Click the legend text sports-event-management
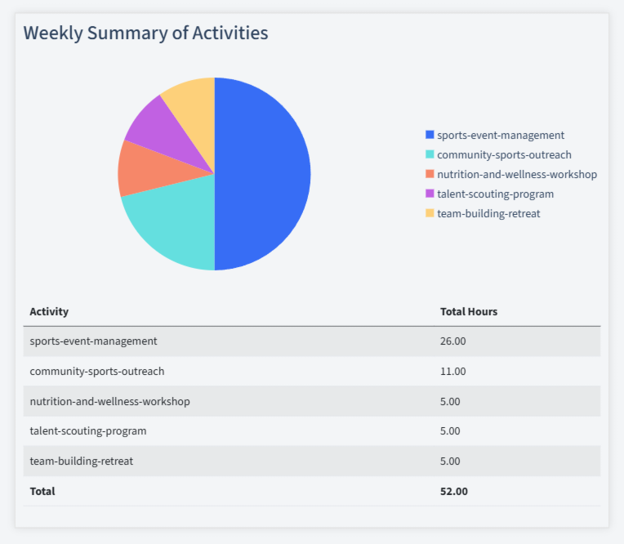(501, 135)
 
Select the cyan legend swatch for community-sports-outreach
(430, 154)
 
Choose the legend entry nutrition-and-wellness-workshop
(517, 174)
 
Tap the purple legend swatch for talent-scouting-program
(430, 194)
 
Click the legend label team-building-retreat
(488, 213)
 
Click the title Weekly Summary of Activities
(145, 33)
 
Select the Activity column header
(49, 311)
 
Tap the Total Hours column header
(469, 311)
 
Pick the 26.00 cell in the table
(452, 341)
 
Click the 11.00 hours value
(452, 371)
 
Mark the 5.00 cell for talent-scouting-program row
(450, 430)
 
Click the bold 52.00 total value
(454, 491)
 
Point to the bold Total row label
(42, 491)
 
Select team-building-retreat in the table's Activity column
(81, 461)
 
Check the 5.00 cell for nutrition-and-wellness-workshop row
(450, 401)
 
